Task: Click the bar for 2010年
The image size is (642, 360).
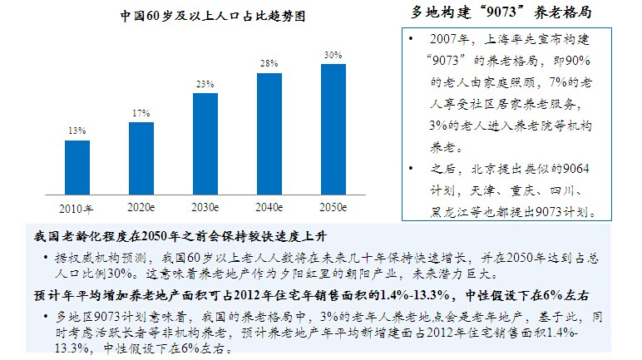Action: pyautogui.click(x=77, y=166)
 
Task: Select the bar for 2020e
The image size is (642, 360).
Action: pyautogui.click(x=141, y=157)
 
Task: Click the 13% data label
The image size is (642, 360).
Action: pyautogui.click(x=77, y=131)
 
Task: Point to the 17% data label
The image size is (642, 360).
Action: pyautogui.click(x=141, y=113)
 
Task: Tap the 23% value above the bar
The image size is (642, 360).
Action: pyautogui.click(x=205, y=84)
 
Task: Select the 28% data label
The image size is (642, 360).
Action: pyautogui.click(x=269, y=64)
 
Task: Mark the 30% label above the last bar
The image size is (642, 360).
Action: pyautogui.click(x=333, y=55)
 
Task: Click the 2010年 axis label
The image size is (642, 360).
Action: pyautogui.click(x=77, y=207)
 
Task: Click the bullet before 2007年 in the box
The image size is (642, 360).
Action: pyautogui.click(x=412, y=40)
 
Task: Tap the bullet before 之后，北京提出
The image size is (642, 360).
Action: pyautogui.click(x=412, y=170)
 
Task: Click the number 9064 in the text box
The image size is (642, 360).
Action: pyautogui.click(x=574, y=169)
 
